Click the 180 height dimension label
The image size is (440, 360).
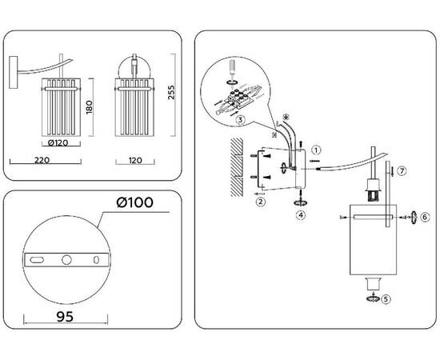pyautogui.click(x=90, y=107)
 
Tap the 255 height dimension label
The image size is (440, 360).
pyautogui.click(x=171, y=92)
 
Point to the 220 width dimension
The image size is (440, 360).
pyautogui.click(x=42, y=160)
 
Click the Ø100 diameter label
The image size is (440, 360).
pyautogui.click(x=135, y=202)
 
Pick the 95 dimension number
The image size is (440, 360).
pyautogui.click(x=65, y=317)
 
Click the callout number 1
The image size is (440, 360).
pyautogui.click(x=316, y=150)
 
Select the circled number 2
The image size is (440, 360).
pyautogui.click(x=261, y=202)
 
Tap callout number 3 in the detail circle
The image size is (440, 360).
pyautogui.click(x=240, y=120)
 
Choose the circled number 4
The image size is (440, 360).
pyautogui.click(x=301, y=215)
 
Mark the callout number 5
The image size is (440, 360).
pyautogui.click(x=386, y=299)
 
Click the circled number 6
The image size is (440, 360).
pyautogui.click(x=425, y=217)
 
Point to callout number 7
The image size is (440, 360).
pyautogui.click(x=402, y=171)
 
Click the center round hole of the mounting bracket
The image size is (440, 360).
pyautogui.click(x=66, y=259)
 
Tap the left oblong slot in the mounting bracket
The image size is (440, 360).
pyautogui.click(x=37, y=260)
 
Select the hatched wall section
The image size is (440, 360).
pyautogui.click(x=236, y=167)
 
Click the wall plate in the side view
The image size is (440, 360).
pyautogui.click(x=13, y=72)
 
